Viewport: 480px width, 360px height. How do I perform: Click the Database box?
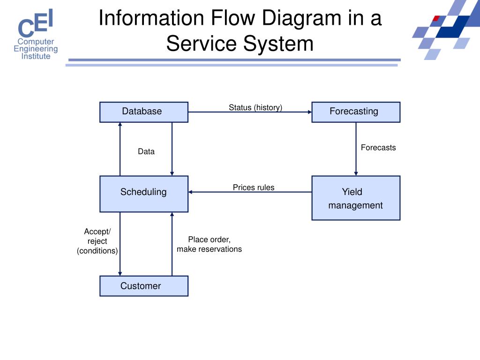[144, 112]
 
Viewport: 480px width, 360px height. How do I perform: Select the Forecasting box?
[356, 112]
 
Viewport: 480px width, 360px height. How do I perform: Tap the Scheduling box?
[144, 194]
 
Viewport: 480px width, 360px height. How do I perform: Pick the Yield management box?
[356, 198]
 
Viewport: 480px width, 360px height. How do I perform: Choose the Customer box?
[144, 286]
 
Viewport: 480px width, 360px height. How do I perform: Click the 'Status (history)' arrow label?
[255, 107]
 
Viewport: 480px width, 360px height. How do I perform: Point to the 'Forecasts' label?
[378, 148]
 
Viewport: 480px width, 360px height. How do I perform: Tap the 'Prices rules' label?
[254, 187]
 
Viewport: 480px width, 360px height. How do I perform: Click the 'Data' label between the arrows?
[146, 151]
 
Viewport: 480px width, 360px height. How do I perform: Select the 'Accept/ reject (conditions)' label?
[97, 241]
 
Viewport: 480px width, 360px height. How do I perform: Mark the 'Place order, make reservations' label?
[210, 244]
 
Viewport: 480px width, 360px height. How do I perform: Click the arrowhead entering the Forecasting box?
[310, 112]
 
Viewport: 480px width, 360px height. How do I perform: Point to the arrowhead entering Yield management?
[356, 173]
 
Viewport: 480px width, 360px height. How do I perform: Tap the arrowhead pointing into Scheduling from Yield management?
[190, 192]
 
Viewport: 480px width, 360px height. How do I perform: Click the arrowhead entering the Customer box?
[120, 274]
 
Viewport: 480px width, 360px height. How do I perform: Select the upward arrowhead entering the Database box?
[120, 125]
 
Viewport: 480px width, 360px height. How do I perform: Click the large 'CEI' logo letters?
[36, 22]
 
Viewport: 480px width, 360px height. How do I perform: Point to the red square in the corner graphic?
[436, 18]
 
